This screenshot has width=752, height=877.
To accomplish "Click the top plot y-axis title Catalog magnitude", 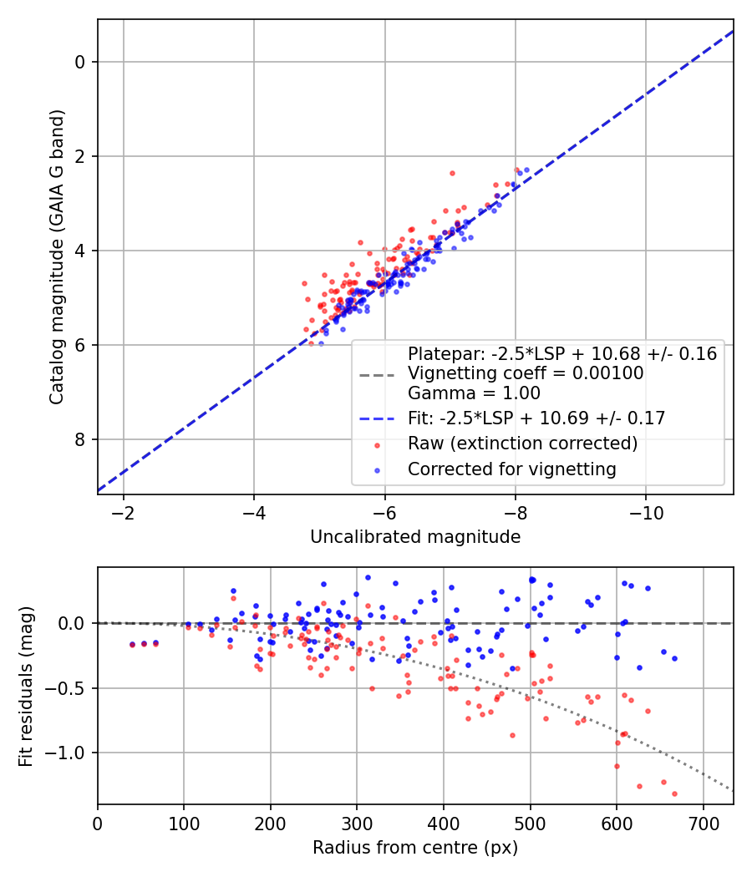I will point(56,256).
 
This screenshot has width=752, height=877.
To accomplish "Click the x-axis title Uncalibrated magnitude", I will point(415,537).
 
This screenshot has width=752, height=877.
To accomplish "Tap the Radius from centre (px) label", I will point(415,848).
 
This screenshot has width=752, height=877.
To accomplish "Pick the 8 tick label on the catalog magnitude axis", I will point(81,439).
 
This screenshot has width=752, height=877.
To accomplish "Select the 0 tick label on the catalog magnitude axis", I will point(81,62).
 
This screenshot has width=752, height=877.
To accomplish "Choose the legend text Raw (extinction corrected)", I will point(522,444).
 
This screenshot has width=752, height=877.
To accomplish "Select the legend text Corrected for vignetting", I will point(511,469).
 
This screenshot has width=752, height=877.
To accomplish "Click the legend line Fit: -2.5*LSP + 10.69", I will point(536,418).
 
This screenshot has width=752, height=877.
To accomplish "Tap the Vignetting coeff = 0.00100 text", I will point(525,373).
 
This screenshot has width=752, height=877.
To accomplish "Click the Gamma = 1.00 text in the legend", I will point(474,393).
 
